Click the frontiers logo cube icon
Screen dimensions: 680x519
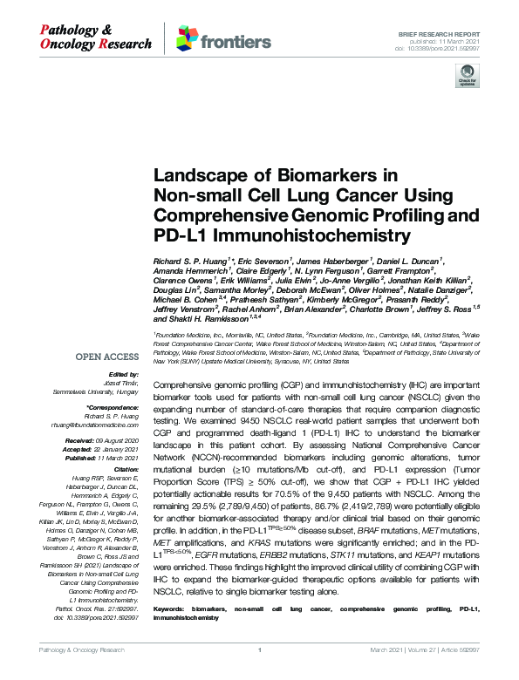click(186, 37)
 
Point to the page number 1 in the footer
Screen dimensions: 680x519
click(259, 673)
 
